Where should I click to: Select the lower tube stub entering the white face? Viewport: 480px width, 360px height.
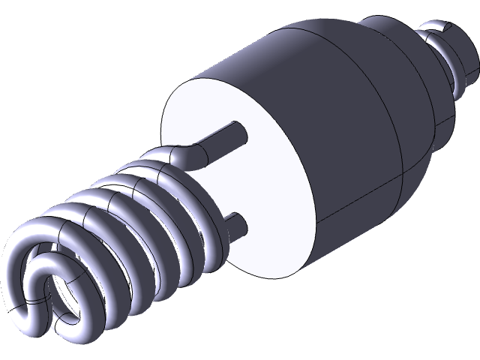234,224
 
